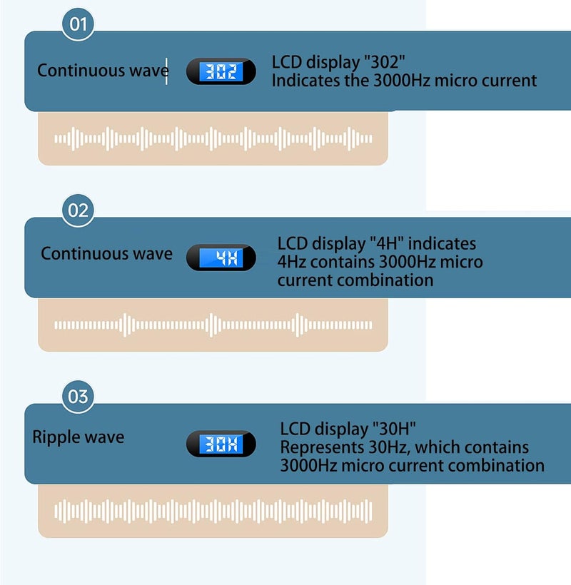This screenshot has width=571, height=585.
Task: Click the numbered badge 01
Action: pyautogui.click(x=78, y=24)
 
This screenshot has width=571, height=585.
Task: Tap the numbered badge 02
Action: pyautogui.click(x=78, y=210)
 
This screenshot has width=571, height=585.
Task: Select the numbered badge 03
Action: pyautogui.click(x=78, y=397)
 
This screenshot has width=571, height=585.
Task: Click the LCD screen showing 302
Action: pyautogui.click(x=221, y=71)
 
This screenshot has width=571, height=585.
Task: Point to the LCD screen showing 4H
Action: pyautogui.click(x=221, y=258)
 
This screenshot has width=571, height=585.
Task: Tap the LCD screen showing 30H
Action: pyautogui.click(x=221, y=444)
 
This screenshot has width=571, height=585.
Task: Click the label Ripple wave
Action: pyautogui.click(x=78, y=437)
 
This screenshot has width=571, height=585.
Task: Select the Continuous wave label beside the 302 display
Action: pyautogui.click(x=103, y=70)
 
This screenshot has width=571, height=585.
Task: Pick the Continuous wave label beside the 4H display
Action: pyautogui.click(x=106, y=253)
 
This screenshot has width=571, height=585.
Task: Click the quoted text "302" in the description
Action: pyautogui.click(x=384, y=62)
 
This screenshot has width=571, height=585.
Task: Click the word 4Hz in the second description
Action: pyautogui.click(x=292, y=262)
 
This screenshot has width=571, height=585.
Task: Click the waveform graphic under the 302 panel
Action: pyautogui.click(x=213, y=139)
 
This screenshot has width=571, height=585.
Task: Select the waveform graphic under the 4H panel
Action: pyautogui.click(x=213, y=325)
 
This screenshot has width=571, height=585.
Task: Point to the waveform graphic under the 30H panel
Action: pyautogui.click(x=213, y=511)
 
